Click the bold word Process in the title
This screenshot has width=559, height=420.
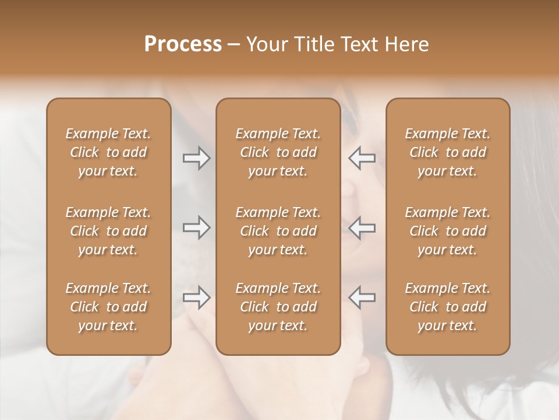click(183, 44)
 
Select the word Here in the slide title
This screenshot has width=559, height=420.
click(408, 44)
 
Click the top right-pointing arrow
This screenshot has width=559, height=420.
click(197, 158)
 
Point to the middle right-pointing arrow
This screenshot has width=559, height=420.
click(197, 228)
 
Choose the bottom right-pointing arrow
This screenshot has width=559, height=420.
click(197, 297)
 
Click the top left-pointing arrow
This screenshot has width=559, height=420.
click(362, 158)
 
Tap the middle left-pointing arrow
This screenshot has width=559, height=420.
click(362, 228)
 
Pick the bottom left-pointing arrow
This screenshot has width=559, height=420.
click(362, 297)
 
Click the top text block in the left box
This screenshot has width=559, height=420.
click(108, 152)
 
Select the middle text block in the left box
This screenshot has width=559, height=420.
click(108, 231)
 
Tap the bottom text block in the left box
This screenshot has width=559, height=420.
click(108, 307)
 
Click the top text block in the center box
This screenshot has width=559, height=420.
click(278, 152)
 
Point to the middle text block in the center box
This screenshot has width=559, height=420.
click(278, 231)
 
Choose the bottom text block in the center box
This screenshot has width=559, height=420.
click(278, 307)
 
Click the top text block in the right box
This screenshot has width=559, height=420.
click(448, 152)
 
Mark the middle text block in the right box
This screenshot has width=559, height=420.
click(448, 231)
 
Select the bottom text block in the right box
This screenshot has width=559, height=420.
click(448, 307)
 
